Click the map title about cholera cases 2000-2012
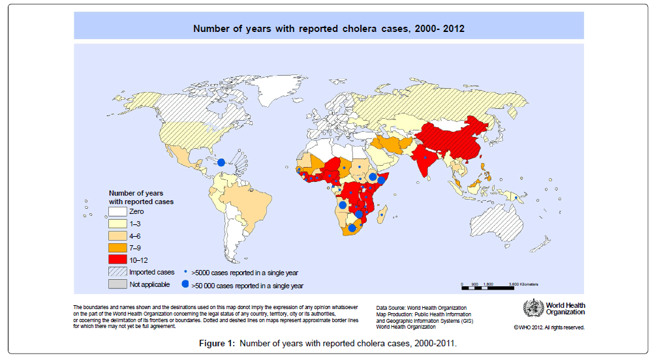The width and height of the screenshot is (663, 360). click(x=328, y=29)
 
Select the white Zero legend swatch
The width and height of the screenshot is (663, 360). click(x=117, y=211)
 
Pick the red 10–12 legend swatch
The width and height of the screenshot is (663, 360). click(x=117, y=260)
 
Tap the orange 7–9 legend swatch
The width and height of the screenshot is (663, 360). click(x=117, y=248)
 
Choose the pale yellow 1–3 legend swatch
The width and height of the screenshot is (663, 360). click(x=117, y=224)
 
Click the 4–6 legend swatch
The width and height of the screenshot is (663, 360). click(x=117, y=235)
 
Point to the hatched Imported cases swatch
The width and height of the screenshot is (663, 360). click(x=117, y=272)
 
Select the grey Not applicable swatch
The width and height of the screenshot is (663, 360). click(x=117, y=284)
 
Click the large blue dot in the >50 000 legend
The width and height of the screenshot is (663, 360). click(x=185, y=285)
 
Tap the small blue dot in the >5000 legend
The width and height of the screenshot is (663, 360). click(x=185, y=272)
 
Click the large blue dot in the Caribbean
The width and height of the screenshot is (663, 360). click(x=221, y=162)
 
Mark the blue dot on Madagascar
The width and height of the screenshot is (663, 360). click(x=381, y=215)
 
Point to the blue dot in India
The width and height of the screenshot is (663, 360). click(x=425, y=157)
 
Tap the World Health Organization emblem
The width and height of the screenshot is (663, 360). click(x=533, y=308)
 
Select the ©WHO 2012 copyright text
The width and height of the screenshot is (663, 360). click(x=548, y=327)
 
